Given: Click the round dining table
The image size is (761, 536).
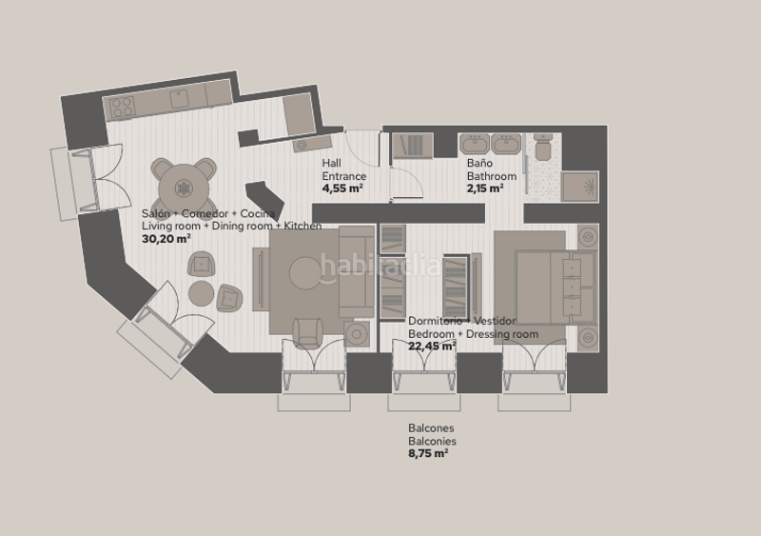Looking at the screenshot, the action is coord(184,189).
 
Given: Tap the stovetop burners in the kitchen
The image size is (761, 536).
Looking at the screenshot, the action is coord(122,108).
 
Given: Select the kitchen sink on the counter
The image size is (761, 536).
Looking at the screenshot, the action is coord(179,99).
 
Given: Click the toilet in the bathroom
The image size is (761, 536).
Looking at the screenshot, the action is coord(542,148).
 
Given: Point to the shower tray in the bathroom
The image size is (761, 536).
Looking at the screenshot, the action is coord(580,186).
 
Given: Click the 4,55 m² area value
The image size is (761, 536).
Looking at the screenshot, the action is coord(342,189).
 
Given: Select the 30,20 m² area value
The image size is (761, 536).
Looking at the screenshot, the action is coord(166,239).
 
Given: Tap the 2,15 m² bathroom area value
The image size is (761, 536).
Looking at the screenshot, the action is coord(485,189).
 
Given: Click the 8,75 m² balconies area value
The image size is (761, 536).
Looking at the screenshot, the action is coord(427,453).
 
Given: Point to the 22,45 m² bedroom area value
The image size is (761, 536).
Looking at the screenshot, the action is coord(432,346).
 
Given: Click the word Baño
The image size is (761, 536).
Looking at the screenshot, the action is coord(479,163).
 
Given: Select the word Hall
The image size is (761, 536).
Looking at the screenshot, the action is coord(331,163).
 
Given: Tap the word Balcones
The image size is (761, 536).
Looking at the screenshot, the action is coord(431,428).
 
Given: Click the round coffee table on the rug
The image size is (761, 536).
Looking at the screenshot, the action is coord(305,273).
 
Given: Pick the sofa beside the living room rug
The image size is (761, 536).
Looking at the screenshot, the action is coord(357,272).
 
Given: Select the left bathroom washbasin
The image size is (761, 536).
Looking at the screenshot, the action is coord(475,144).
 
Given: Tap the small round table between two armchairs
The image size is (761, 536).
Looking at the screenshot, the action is coord(201,293).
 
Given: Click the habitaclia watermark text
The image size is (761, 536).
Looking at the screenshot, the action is coord(380,266).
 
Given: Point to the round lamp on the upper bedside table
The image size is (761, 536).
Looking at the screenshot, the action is coord(588,237).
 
